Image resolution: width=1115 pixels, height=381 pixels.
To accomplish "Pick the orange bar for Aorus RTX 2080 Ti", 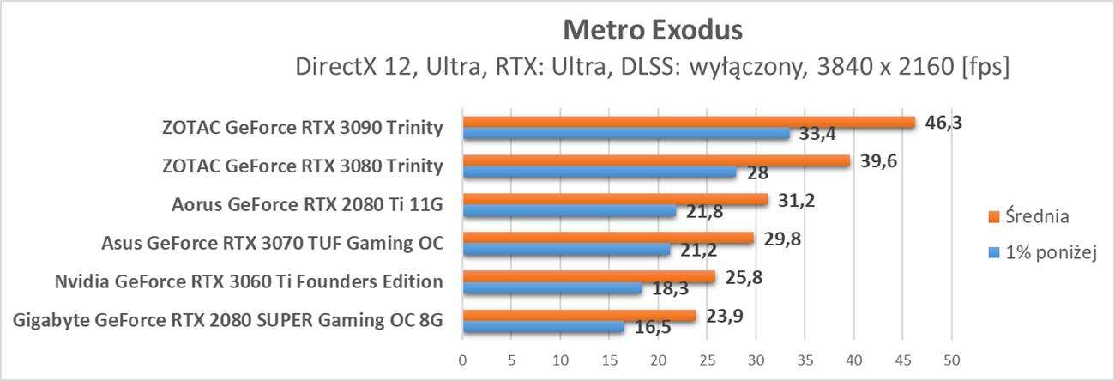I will pyautogui.click(x=615, y=200).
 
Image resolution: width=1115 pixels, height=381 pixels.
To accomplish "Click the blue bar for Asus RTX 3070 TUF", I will pyautogui.click(x=566, y=250).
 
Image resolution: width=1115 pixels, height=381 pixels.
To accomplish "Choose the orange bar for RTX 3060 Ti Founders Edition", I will pyautogui.click(x=588, y=277).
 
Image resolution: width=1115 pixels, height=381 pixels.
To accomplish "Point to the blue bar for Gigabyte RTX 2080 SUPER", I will pyautogui.click(x=543, y=327).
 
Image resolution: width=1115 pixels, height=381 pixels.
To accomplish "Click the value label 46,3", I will pyautogui.click(x=944, y=122).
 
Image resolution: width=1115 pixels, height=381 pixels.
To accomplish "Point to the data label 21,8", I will pyautogui.click(x=702, y=212).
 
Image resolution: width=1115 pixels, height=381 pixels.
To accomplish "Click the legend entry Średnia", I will pyautogui.click(x=1034, y=216).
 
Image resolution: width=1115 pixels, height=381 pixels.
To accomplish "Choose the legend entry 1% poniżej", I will pyautogui.click(x=1044, y=251).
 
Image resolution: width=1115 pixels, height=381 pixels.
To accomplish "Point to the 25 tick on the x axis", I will pyautogui.click(x=707, y=358).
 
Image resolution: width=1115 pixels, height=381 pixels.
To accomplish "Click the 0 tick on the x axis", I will pyautogui.click(x=463, y=358).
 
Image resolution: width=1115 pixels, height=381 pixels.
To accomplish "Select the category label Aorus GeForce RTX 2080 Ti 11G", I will pyautogui.click(x=307, y=204).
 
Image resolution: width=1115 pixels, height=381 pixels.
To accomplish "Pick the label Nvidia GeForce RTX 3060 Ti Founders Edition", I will pyautogui.click(x=248, y=282).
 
